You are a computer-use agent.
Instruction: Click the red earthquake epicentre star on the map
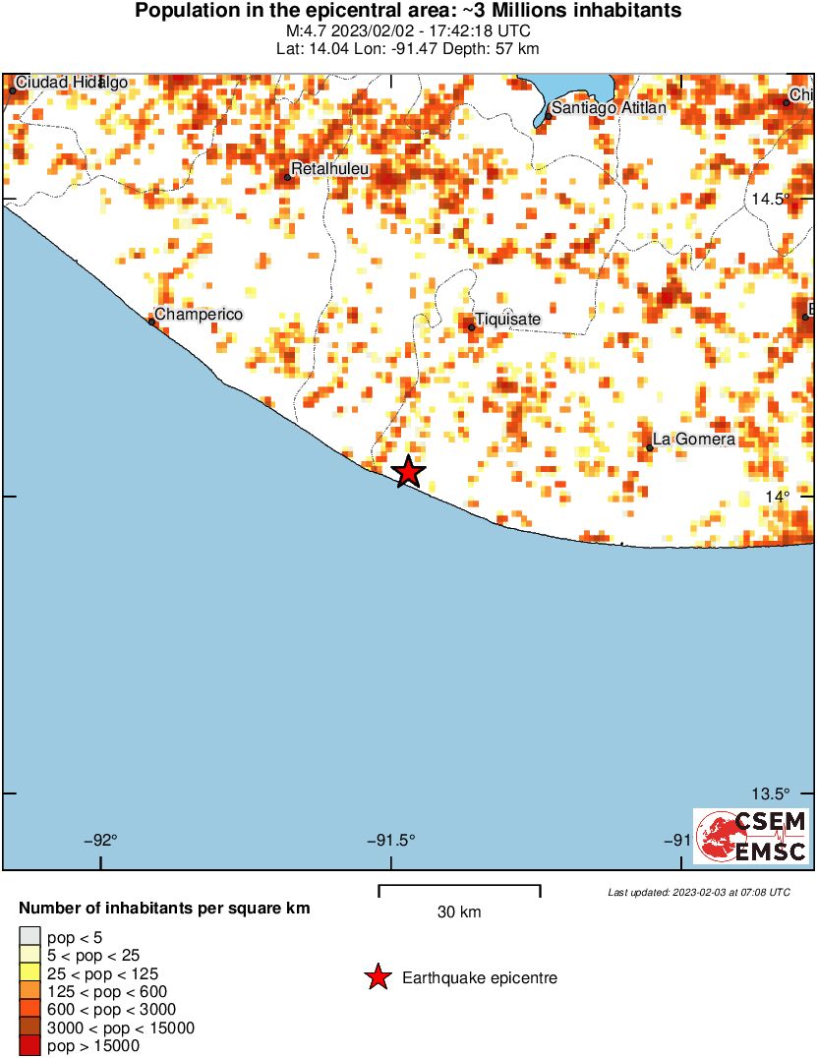coord(408,472)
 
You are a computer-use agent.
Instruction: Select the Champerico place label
coord(199,314)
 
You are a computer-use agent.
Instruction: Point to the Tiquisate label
coord(507,319)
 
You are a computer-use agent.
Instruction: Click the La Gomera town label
coord(694,440)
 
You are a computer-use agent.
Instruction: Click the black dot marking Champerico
coord(151,321)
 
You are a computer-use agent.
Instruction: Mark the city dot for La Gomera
coord(650,448)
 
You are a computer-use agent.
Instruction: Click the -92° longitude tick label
coord(101,840)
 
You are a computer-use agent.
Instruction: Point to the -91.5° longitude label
coord(391,840)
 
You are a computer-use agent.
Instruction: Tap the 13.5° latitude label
coord(771,793)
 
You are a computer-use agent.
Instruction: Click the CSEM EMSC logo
coord(752,836)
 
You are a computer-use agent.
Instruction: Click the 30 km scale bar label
coord(459,911)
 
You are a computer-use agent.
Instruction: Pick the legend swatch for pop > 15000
coord(30,1046)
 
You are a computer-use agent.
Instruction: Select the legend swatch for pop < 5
coord(30,937)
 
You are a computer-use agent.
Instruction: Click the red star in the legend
coord(377,977)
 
